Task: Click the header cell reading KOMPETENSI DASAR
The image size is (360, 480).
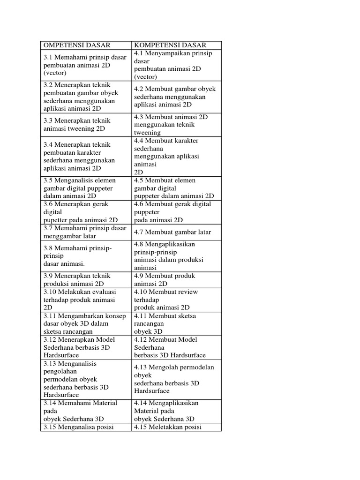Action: pyautogui.click(x=170, y=45)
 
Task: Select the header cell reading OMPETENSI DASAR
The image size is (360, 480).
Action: pyautogui.click(x=77, y=45)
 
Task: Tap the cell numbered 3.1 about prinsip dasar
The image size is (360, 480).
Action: pyautogui.click(x=85, y=65)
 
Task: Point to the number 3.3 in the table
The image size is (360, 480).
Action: pyautogui.click(x=49, y=120)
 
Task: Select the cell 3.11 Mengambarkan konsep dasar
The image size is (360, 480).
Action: pyautogui.click(x=84, y=323)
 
